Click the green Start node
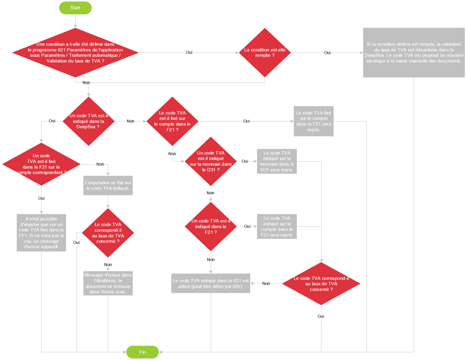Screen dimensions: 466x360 pyautogui.click(x=75, y=8)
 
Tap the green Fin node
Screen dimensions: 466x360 pyautogui.click(x=142, y=352)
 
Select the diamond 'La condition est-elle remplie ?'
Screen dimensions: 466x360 pyautogui.click(x=265, y=53)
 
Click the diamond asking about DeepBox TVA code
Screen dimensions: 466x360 pyautogui.click(x=88, y=121)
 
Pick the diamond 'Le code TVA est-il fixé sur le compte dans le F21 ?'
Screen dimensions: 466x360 pyautogui.click(x=172, y=121)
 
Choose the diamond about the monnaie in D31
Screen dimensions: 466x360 pyautogui.click(x=211, y=161)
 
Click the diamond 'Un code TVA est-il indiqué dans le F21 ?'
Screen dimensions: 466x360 pyautogui.click(x=211, y=226)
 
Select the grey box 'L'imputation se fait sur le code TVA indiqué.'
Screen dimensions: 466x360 pyautogui.click(x=108, y=185)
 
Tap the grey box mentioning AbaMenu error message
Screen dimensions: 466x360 pyautogui.click(x=108, y=283)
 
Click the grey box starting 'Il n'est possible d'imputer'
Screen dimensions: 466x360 pyautogui.click(x=41, y=233)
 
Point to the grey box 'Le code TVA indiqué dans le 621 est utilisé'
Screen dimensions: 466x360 pyautogui.click(x=211, y=283)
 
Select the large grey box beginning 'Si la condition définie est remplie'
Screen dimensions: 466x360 pyautogui.click(x=414, y=53)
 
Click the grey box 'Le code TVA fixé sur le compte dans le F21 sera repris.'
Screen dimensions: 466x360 pyautogui.click(x=314, y=121)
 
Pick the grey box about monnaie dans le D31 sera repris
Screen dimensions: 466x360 pyautogui.click(x=277, y=161)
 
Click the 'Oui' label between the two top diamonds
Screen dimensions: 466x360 pyautogui.click(x=189, y=52)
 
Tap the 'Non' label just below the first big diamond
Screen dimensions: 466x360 pyautogui.click(x=86, y=83)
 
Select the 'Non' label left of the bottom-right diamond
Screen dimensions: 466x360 pyautogui.click(x=266, y=283)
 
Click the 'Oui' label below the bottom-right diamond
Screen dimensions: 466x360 pyautogui.click(x=321, y=316)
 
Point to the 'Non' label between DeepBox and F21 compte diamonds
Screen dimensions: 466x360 pyautogui.click(x=130, y=121)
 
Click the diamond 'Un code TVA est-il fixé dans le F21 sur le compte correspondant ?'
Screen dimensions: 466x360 pyautogui.click(x=41, y=164)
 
